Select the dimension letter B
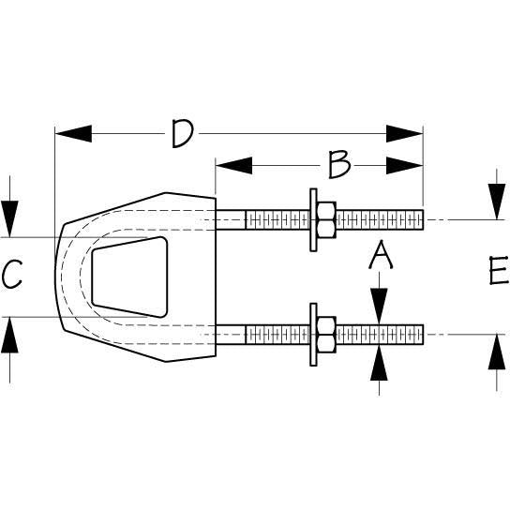338,165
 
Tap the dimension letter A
378,254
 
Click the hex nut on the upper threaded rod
325,220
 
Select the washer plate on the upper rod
311,220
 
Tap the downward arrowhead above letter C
8,219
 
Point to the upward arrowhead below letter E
496,351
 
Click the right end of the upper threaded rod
422,220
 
